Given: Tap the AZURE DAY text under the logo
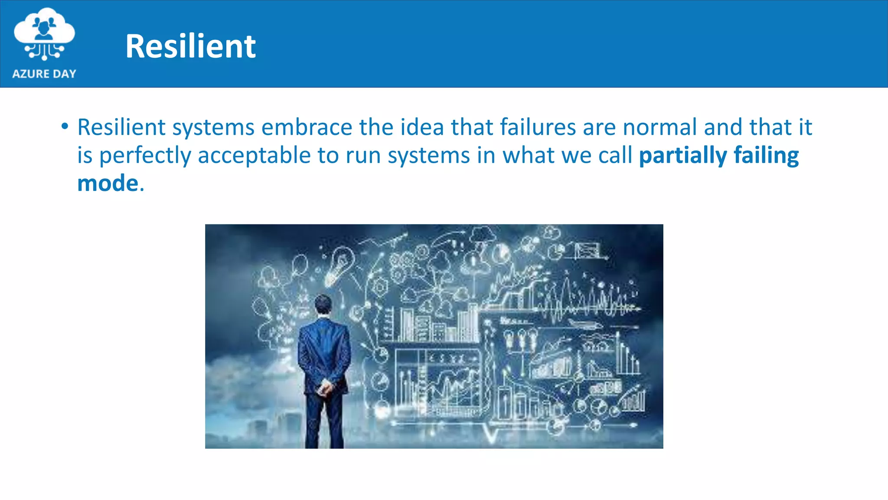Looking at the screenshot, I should click(44, 74).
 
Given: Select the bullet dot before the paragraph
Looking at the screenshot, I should click(65, 127).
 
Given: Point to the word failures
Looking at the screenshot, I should click(538, 127).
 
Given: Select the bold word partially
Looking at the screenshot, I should click(683, 155).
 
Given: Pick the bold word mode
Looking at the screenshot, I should click(108, 183).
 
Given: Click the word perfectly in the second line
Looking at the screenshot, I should click(145, 155).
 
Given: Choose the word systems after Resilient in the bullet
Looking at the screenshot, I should click(213, 127).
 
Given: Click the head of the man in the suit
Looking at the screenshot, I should click(323, 304).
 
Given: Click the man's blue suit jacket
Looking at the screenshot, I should click(324, 352).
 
